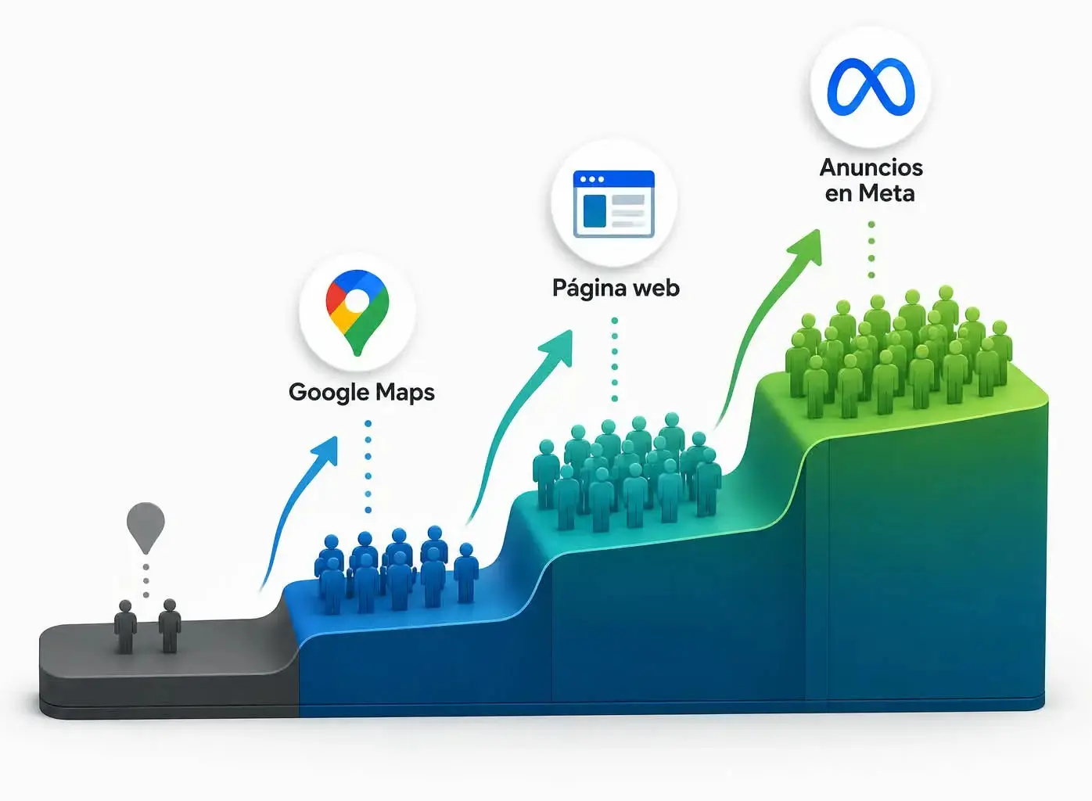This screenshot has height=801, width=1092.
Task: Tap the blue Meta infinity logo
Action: point(871,87)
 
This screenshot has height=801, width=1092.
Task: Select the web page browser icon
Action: point(614,204)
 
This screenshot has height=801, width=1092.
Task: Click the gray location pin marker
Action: point(145,527)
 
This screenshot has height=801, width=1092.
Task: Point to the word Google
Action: point(322,393)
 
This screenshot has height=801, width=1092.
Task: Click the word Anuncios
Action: point(871,167)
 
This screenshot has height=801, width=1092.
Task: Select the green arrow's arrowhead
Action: point(806,246)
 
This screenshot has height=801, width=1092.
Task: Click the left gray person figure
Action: point(125,627)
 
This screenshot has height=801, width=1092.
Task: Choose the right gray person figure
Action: point(170,626)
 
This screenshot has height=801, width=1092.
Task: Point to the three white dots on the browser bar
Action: point(592,179)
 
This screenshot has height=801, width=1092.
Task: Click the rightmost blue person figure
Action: point(466,573)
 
